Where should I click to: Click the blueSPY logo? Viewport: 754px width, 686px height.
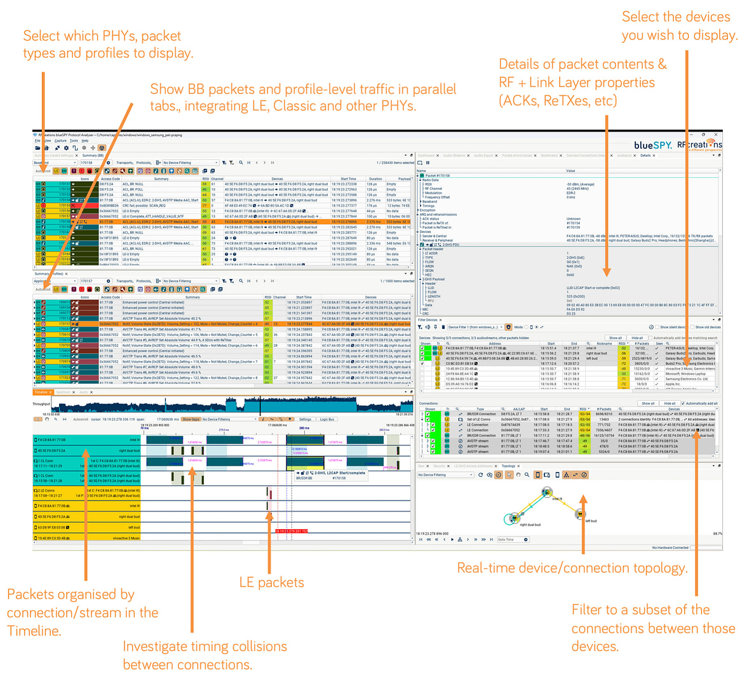point(652,145)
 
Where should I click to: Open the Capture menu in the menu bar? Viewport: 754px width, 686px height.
point(60,141)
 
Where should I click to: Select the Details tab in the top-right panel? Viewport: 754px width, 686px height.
point(645,156)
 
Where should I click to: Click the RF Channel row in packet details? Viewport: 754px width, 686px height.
point(434,189)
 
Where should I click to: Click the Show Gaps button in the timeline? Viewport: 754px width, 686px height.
point(190,419)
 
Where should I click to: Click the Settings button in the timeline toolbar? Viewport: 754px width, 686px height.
point(305,419)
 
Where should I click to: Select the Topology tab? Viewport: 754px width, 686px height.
point(509,466)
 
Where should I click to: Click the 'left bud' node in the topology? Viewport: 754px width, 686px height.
point(579,514)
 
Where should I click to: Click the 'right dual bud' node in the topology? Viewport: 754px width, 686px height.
point(512,518)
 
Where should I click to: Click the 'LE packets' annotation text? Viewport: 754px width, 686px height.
point(271,582)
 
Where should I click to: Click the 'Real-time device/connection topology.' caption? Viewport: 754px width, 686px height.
point(572,568)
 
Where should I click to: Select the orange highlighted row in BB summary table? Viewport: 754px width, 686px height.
point(222,222)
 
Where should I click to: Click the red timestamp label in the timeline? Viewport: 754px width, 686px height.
point(291,531)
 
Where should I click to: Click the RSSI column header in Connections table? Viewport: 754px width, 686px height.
point(583,409)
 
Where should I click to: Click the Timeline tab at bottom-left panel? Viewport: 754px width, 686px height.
point(41,393)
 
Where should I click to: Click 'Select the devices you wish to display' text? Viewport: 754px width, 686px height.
point(679,26)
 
